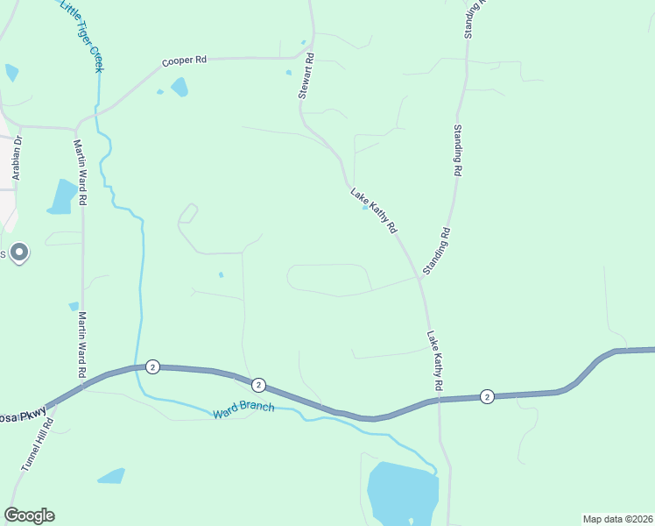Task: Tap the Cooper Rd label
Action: coord(184,60)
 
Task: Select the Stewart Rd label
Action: coord(306,78)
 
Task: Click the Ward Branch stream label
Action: coord(243,409)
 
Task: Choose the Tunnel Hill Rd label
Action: coord(37,446)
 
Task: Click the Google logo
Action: coord(29,515)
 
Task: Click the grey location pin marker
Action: coord(19,252)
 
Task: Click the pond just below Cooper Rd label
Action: coord(180,87)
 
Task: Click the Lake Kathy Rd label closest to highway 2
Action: coord(434,360)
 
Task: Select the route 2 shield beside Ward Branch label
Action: coord(258,385)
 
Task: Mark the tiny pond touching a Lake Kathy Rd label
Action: coord(365,208)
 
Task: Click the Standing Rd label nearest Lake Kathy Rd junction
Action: coord(436,252)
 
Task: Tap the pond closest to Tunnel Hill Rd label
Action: coord(111,476)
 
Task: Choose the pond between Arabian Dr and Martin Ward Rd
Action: coord(63,196)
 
